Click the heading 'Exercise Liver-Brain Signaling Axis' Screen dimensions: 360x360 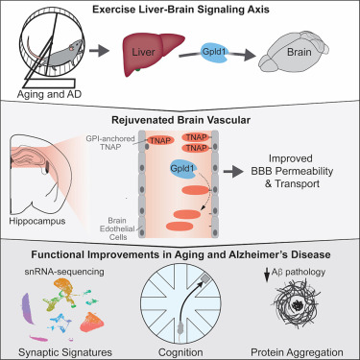coord(180,11)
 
